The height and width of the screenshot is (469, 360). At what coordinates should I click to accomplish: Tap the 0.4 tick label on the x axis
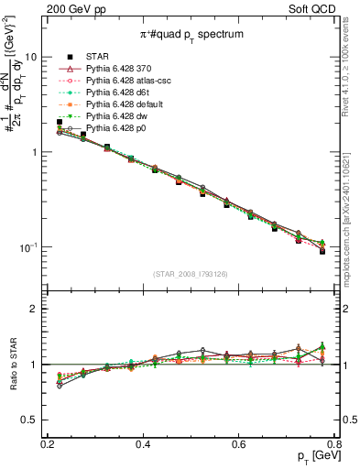[x=143, y=444]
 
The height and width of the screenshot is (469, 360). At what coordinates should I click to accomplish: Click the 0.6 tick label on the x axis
[x=239, y=444]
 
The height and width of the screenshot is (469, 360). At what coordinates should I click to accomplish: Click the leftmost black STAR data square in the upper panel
[x=60, y=122]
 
